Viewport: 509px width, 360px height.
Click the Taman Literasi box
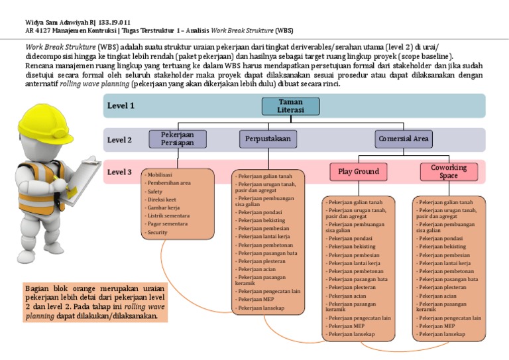[x=290, y=106]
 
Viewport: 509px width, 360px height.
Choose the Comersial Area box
[x=404, y=139]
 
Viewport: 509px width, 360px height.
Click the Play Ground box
[x=358, y=172]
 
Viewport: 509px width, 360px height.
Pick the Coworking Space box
[x=449, y=172]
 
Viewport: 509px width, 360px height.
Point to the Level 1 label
[x=121, y=105]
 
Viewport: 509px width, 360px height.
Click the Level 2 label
[x=121, y=140]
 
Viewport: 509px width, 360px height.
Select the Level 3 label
[x=121, y=172]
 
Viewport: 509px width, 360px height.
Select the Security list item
[x=158, y=233]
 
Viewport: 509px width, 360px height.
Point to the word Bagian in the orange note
[x=37, y=288]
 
